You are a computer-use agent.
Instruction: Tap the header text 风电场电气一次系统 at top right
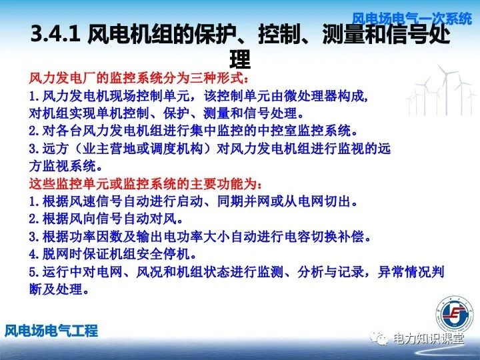(411, 17)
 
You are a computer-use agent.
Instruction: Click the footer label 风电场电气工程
(51, 330)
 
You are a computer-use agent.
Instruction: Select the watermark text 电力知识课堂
(428, 339)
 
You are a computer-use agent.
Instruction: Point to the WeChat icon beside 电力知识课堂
(381, 339)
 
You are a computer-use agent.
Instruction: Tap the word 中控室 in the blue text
(273, 129)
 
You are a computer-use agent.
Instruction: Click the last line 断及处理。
(59, 290)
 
